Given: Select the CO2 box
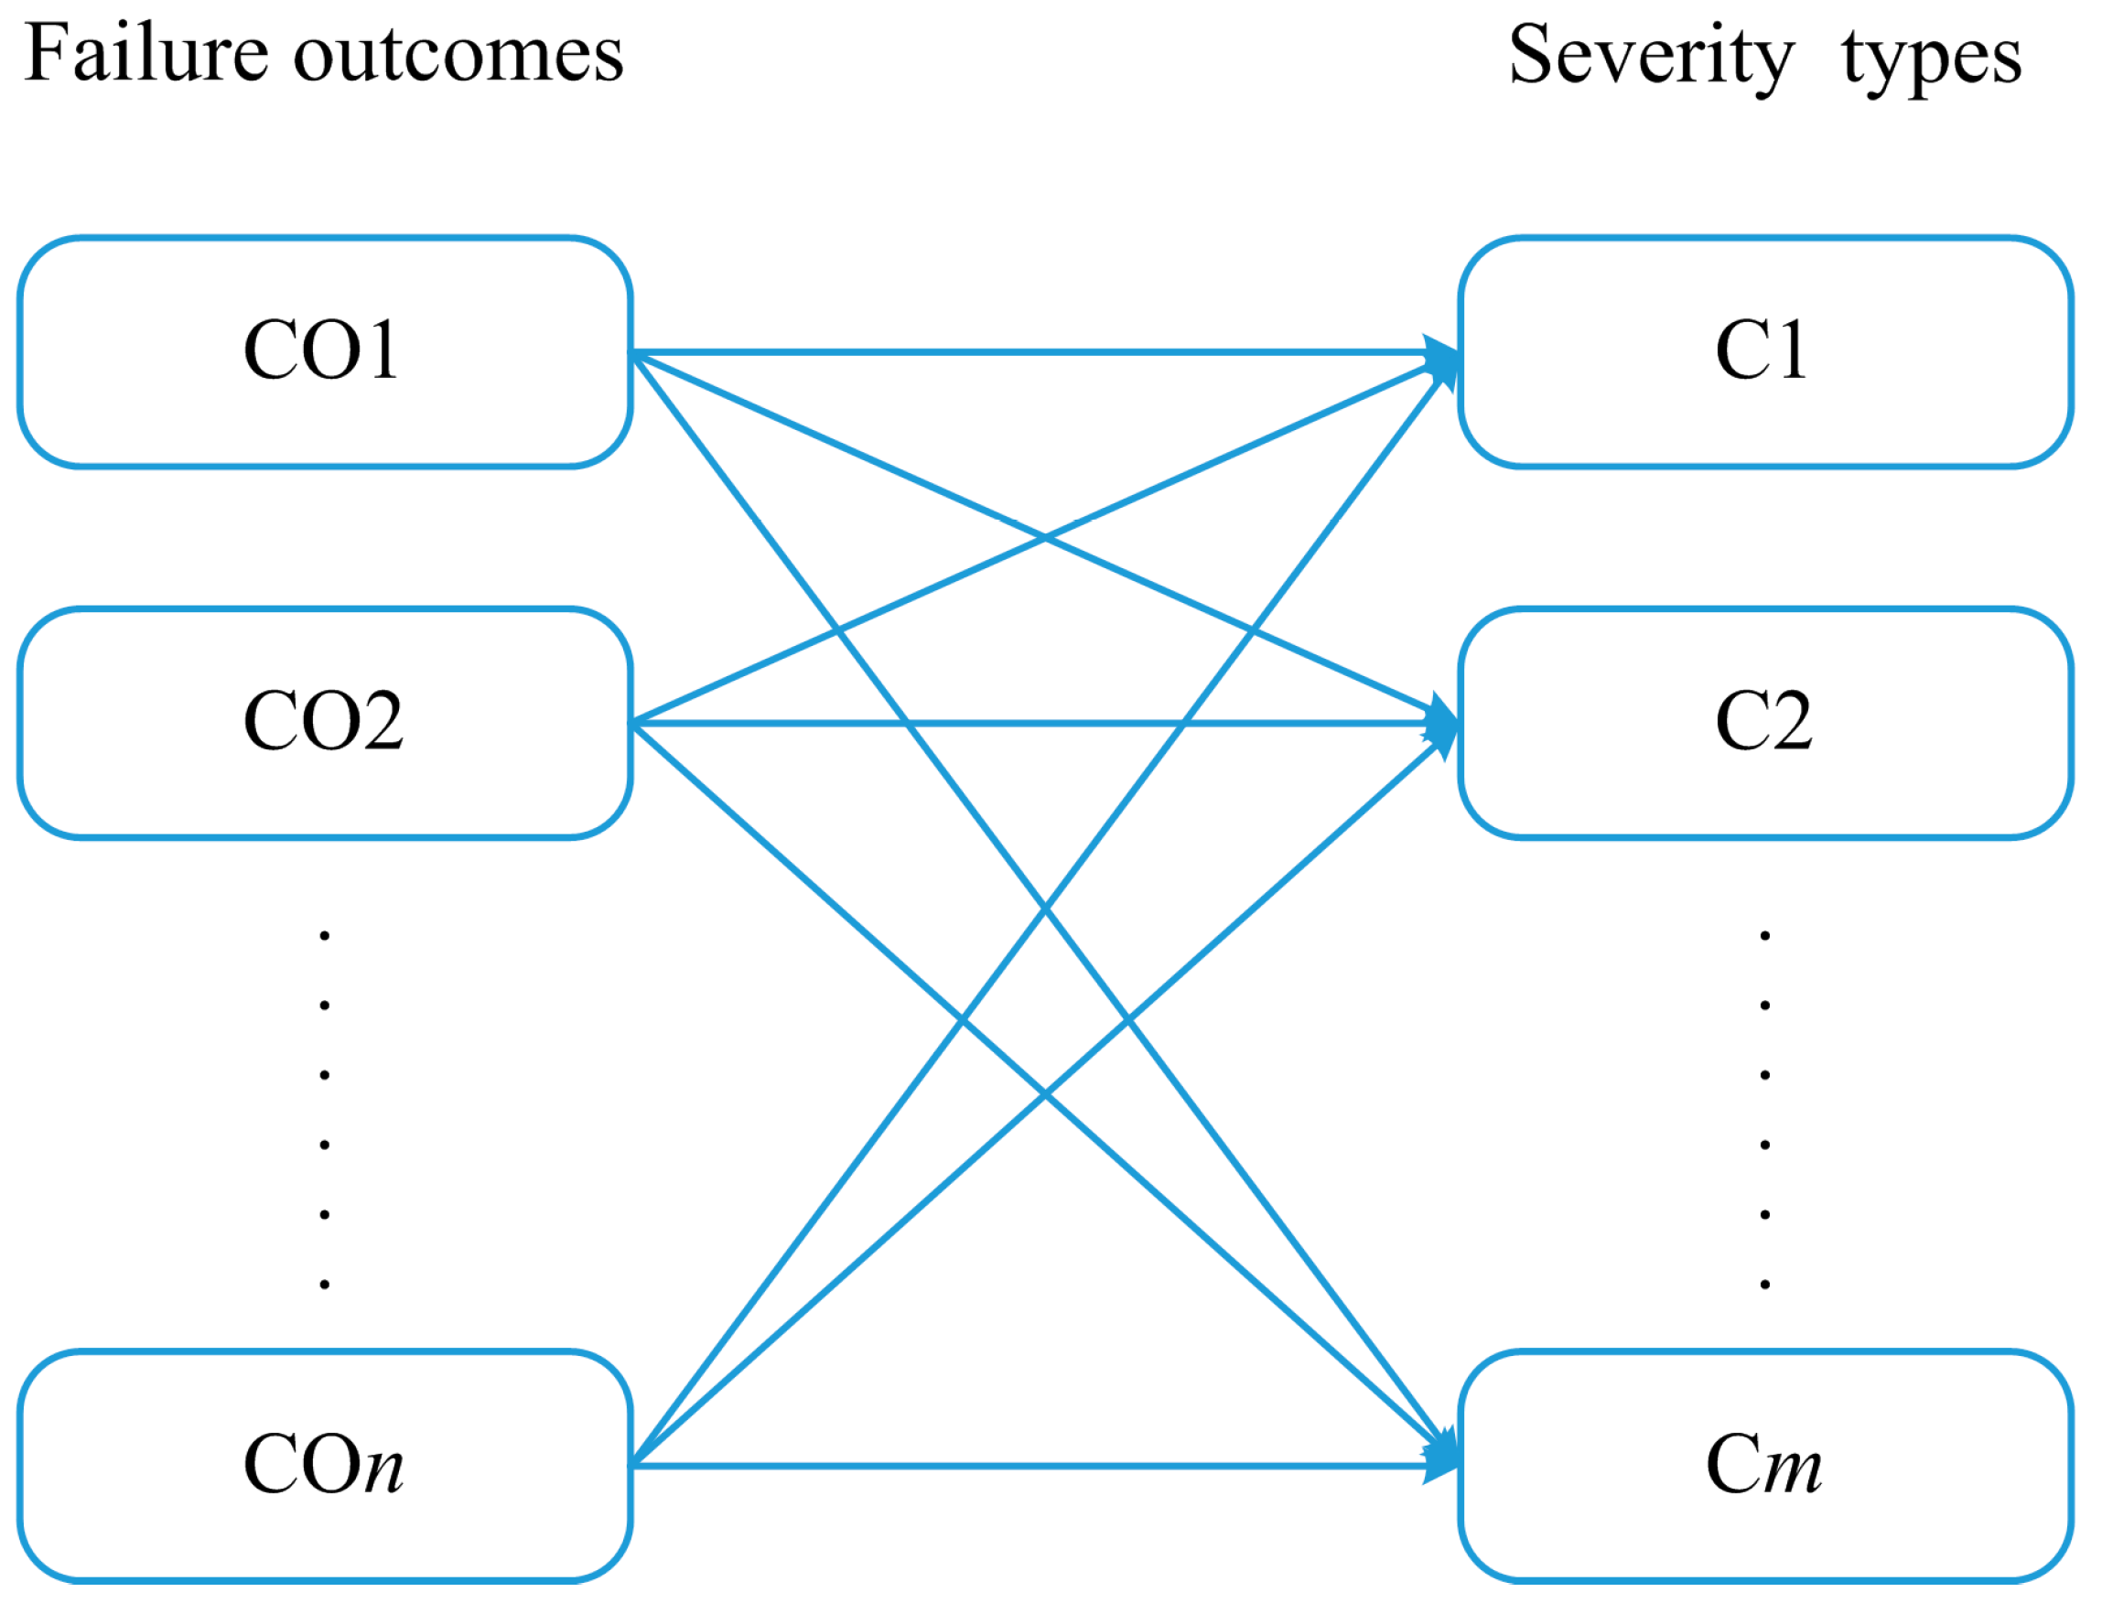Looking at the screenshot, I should pyautogui.click(x=325, y=723).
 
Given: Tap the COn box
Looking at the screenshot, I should pyautogui.click(x=325, y=1466).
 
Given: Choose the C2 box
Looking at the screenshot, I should pyautogui.click(x=1765, y=723).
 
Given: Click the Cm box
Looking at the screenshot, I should pyautogui.click(x=1765, y=1466).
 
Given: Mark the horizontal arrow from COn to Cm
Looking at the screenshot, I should pyautogui.click(x=1030, y=1467).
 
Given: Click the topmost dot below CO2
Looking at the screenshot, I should pyautogui.click(x=325, y=935).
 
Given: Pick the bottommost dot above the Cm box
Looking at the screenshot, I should pyautogui.click(x=1765, y=1285).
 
